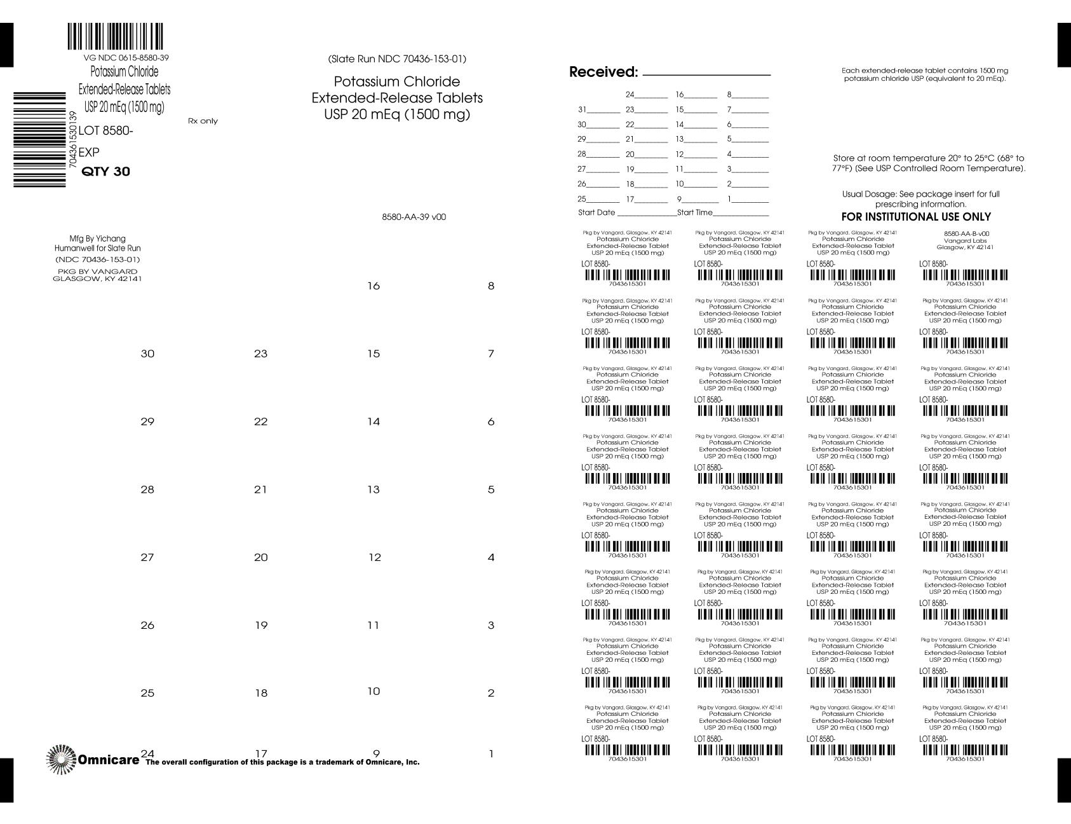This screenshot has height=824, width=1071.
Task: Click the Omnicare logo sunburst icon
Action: click(x=61, y=759)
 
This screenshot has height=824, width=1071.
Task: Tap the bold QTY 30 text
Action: click(x=106, y=172)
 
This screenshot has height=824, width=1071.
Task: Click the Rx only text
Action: click(x=203, y=121)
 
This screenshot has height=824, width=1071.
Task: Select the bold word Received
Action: click(x=603, y=72)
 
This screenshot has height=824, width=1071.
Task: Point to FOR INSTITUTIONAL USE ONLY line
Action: click(x=916, y=217)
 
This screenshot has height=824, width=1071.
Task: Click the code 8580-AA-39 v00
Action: click(x=414, y=217)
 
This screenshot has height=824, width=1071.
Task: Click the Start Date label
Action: click(x=596, y=212)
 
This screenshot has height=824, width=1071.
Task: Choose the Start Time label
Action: click(x=695, y=212)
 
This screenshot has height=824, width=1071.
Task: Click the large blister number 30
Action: click(x=147, y=354)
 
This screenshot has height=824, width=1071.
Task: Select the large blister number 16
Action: click(x=374, y=286)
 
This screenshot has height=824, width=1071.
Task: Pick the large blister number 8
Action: click(x=490, y=286)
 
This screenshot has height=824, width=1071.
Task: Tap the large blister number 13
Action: click(x=374, y=490)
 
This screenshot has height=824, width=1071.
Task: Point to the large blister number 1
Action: click(x=490, y=755)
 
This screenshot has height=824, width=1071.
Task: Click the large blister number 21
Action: click(x=260, y=490)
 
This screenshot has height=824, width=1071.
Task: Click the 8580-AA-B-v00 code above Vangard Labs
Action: click(x=966, y=233)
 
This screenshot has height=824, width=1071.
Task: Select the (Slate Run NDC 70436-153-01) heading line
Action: click(x=397, y=59)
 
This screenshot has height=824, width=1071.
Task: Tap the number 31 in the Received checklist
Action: click(x=582, y=109)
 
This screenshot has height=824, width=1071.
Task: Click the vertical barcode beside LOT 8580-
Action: click(x=39, y=140)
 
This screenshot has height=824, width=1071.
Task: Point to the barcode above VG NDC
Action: click(x=115, y=37)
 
